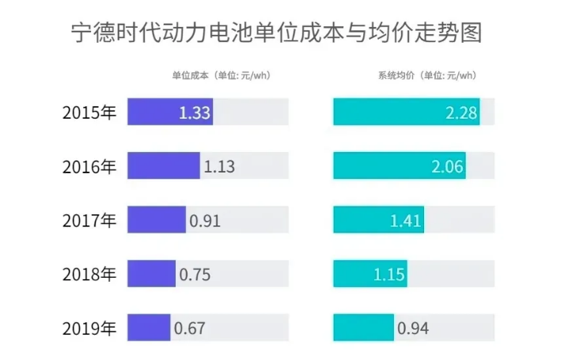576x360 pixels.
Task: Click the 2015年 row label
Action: pos(89,113)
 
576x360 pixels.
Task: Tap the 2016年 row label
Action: pos(89,167)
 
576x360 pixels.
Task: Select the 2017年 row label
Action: pos(89,221)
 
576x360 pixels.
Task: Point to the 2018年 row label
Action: pos(89,275)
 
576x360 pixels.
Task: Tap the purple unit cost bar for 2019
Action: pos(149,328)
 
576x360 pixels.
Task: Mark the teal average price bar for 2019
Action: pos(363,328)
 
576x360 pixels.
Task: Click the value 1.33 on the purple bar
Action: pos(195,113)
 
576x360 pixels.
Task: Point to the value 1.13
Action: pos(219,167)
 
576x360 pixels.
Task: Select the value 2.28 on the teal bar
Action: pos(461,113)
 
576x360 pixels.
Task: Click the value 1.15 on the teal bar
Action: pos(388,275)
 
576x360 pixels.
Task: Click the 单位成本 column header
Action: pos(222,76)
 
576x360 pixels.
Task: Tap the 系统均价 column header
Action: pos(427,76)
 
